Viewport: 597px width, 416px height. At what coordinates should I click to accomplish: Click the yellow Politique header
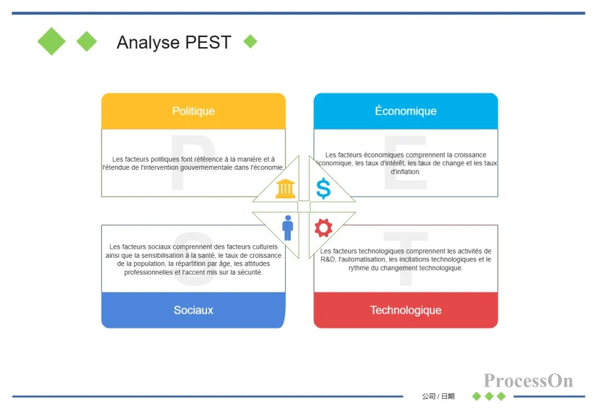(x=193, y=111)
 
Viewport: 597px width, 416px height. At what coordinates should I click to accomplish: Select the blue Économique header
(x=406, y=111)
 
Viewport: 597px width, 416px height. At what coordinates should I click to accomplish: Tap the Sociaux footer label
(x=193, y=310)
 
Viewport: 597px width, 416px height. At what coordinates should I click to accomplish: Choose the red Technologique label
(x=406, y=310)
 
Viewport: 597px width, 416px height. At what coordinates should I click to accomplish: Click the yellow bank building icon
(x=285, y=189)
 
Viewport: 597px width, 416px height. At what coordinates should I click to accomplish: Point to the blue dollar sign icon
(x=323, y=189)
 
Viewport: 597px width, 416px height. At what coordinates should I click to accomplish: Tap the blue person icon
(x=288, y=228)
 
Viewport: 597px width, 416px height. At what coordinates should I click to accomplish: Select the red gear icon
(x=323, y=228)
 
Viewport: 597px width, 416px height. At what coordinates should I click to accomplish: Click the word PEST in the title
(x=208, y=42)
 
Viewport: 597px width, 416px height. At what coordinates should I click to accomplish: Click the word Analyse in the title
(x=148, y=42)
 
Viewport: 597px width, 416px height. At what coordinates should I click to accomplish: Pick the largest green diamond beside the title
(x=51, y=42)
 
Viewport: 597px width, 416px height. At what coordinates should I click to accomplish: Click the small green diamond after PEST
(x=251, y=42)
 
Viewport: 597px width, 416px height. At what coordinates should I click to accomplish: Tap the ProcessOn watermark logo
(x=528, y=381)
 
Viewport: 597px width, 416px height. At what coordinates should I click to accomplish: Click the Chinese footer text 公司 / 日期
(x=438, y=396)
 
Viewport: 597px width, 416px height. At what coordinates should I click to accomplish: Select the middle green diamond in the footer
(x=490, y=396)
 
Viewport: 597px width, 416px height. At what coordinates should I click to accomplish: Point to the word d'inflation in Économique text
(x=405, y=172)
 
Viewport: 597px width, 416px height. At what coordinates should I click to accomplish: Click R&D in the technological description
(x=327, y=260)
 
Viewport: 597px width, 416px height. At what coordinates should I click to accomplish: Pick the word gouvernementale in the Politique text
(x=205, y=168)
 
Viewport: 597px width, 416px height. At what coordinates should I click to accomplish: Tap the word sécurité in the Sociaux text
(x=250, y=272)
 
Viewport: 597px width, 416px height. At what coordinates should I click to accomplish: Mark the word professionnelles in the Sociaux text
(x=149, y=273)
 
